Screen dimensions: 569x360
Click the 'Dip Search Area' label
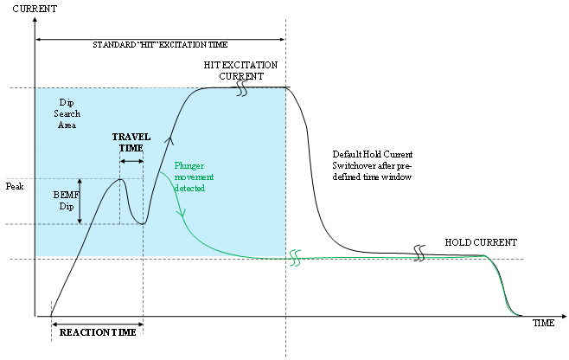[x=68, y=113]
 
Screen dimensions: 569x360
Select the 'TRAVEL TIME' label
[x=131, y=143]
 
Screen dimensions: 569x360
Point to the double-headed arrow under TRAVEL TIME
[x=131, y=161]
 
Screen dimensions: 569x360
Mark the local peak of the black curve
[x=122, y=179]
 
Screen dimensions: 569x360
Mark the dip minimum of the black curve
[x=143, y=223]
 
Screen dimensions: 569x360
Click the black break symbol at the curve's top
[x=242, y=91]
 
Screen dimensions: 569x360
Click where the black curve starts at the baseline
[x=79, y=256]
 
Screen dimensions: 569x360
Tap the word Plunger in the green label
[x=189, y=165]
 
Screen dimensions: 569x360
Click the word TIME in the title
[x=216, y=44]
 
